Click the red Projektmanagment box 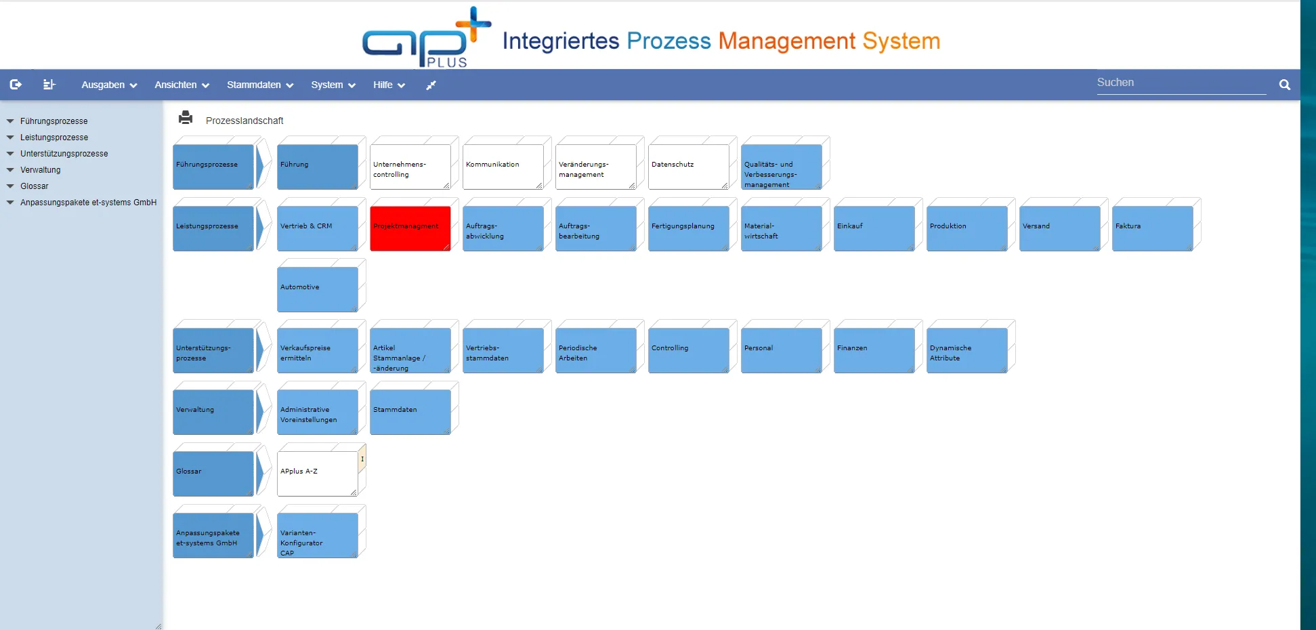pyautogui.click(x=410, y=228)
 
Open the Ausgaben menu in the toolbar pyautogui.click(x=108, y=85)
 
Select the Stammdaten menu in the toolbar pyautogui.click(x=259, y=85)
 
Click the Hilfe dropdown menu pyautogui.click(x=388, y=85)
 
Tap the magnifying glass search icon pyautogui.click(x=1284, y=85)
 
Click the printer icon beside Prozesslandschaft pyautogui.click(x=186, y=118)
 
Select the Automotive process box pyautogui.click(x=317, y=289)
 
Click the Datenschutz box pyautogui.click(x=688, y=166)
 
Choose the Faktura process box pyautogui.click(x=1152, y=228)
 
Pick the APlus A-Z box pyautogui.click(x=317, y=473)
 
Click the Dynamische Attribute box pyautogui.click(x=967, y=350)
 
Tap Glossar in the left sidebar pyautogui.click(x=35, y=186)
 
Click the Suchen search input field pyautogui.click(x=1181, y=83)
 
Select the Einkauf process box pyautogui.click(x=874, y=228)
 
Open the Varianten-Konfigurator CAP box pyautogui.click(x=317, y=535)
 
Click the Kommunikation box pyautogui.click(x=503, y=166)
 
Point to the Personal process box pyautogui.click(x=781, y=350)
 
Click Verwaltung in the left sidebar pyautogui.click(x=41, y=170)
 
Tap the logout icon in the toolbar pyautogui.click(x=16, y=85)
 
